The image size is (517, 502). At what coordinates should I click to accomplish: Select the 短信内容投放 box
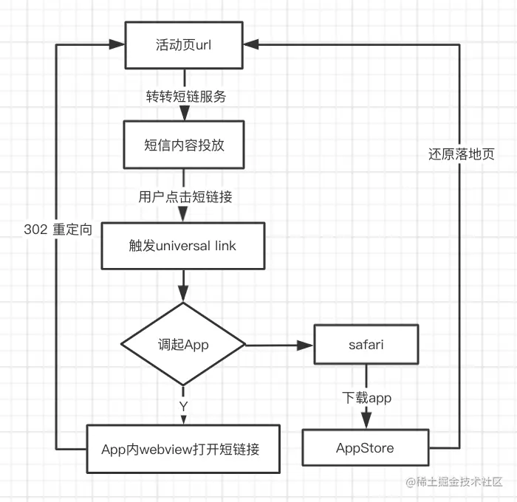pyautogui.click(x=183, y=145)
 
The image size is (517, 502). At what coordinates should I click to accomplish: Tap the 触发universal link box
pyautogui.click(x=183, y=245)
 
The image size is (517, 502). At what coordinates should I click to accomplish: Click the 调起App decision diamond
pyautogui.click(x=183, y=345)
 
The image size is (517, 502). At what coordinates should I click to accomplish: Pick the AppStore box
pyautogui.click(x=366, y=448)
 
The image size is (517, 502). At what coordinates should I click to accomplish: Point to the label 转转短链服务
pyautogui.click(x=183, y=96)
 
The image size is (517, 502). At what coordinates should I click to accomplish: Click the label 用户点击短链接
pyautogui.click(x=183, y=196)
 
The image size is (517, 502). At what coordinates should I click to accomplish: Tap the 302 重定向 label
pyautogui.click(x=58, y=230)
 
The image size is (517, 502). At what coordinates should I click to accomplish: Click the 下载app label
pyautogui.click(x=366, y=398)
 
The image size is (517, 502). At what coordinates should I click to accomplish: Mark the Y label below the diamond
pyautogui.click(x=183, y=405)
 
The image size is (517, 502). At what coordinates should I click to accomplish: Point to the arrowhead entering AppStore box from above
pyautogui.click(x=366, y=422)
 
